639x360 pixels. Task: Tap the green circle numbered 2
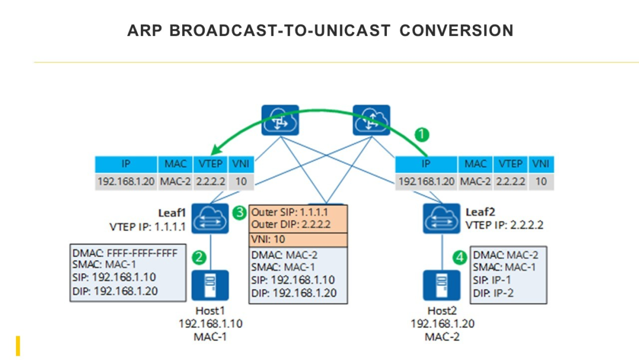pyautogui.click(x=199, y=257)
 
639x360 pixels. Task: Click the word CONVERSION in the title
pyautogui.click(x=456, y=31)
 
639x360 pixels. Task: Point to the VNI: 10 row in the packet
pyautogui.click(x=298, y=240)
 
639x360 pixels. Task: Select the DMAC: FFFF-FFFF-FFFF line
pyautogui.click(x=125, y=253)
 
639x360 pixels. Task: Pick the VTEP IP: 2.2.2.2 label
pyautogui.click(x=505, y=225)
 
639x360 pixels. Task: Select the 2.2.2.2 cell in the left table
pyautogui.click(x=211, y=181)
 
